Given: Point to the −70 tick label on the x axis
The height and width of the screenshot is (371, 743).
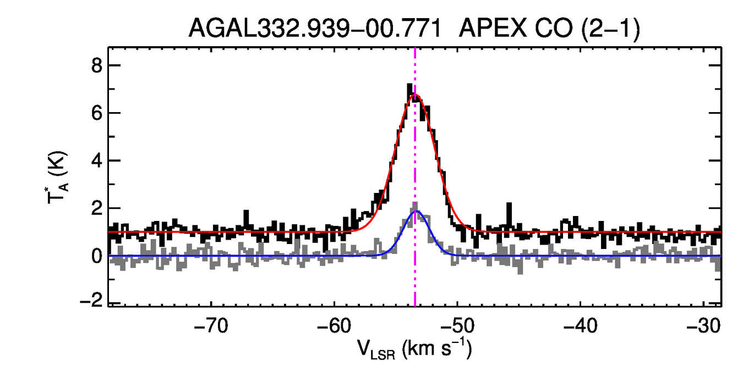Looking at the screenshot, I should click(x=212, y=325).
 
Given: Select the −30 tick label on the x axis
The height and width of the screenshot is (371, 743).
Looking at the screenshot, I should click(x=704, y=325).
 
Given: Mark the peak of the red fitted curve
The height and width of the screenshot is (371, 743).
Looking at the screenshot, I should click(x=416, y=95).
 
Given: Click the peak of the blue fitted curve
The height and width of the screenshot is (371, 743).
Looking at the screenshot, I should click(x=416, y=211).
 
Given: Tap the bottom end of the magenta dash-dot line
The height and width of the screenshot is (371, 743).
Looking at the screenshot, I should click(x=415, y=304).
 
